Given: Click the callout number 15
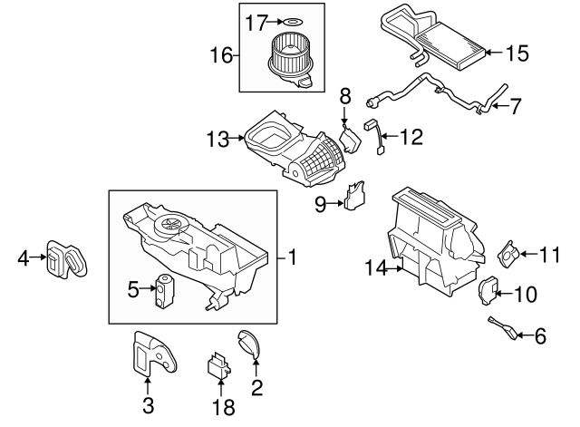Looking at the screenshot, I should (x=516, y=53).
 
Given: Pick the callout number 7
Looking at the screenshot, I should (x=515, y=106).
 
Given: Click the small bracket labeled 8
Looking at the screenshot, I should (x=349, y=134).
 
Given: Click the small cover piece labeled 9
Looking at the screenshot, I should (x=356, y=197).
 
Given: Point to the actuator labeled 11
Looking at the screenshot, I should (x=511, y=255).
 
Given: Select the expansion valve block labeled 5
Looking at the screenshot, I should (x=166, y=289).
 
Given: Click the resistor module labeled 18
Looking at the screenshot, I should (x=217, y=366).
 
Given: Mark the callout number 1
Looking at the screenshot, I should (x=292, y=257).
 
